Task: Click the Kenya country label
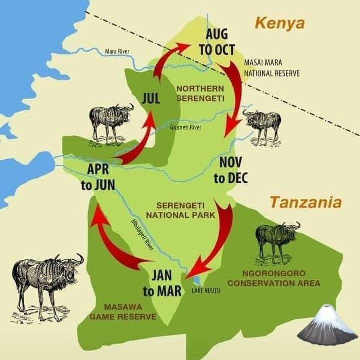coord(279,23)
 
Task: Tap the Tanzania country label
coord(305,202)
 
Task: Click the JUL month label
coord(151,99)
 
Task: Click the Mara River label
coord(117,51)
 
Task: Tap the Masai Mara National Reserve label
coord(271,68)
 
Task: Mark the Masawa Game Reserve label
coord(123,311)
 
